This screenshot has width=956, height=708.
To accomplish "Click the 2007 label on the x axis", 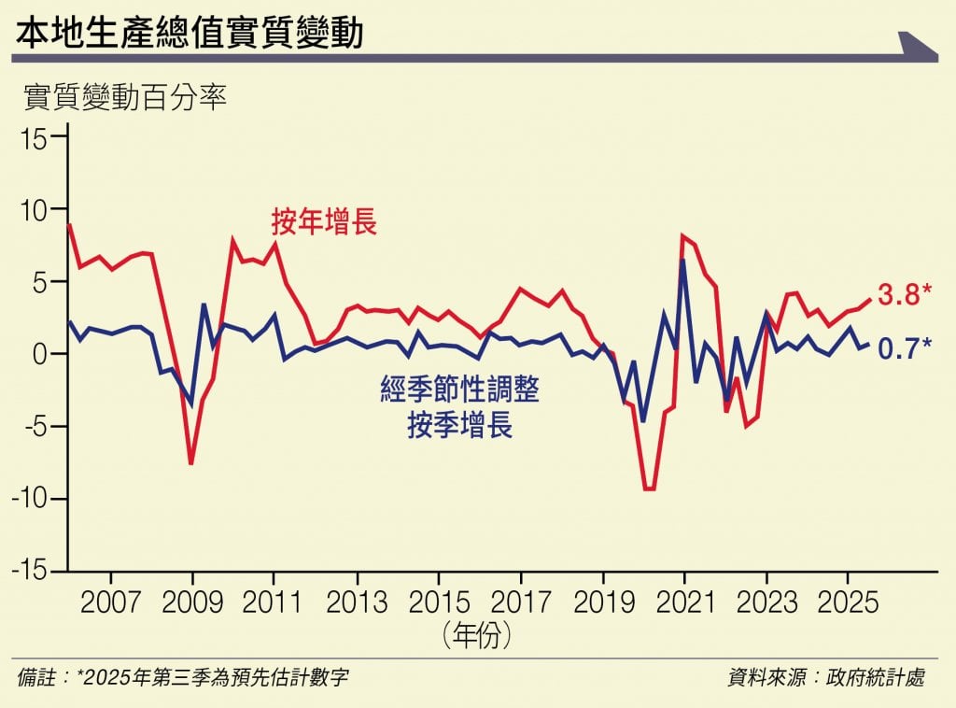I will click(111, 602).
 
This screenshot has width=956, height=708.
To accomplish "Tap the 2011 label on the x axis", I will click(274, 602).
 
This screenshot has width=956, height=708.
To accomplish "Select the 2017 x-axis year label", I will click(520, 602).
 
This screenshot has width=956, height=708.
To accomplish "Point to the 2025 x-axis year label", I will click(847, 602).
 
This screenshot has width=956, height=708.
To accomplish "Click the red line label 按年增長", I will click(324, 221).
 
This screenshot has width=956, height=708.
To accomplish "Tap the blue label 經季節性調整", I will click(459, 390).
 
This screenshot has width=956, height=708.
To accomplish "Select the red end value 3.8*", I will click(904, 296).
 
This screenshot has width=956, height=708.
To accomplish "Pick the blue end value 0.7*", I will click(904, 351).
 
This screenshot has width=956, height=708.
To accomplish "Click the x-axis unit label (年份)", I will click(478, 637).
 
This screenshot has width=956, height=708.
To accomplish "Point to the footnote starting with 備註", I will click(183, 677).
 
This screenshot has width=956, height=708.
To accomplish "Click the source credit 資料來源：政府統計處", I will click(826, 677).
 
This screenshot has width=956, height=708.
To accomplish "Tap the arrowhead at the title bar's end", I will click(917, 46).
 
